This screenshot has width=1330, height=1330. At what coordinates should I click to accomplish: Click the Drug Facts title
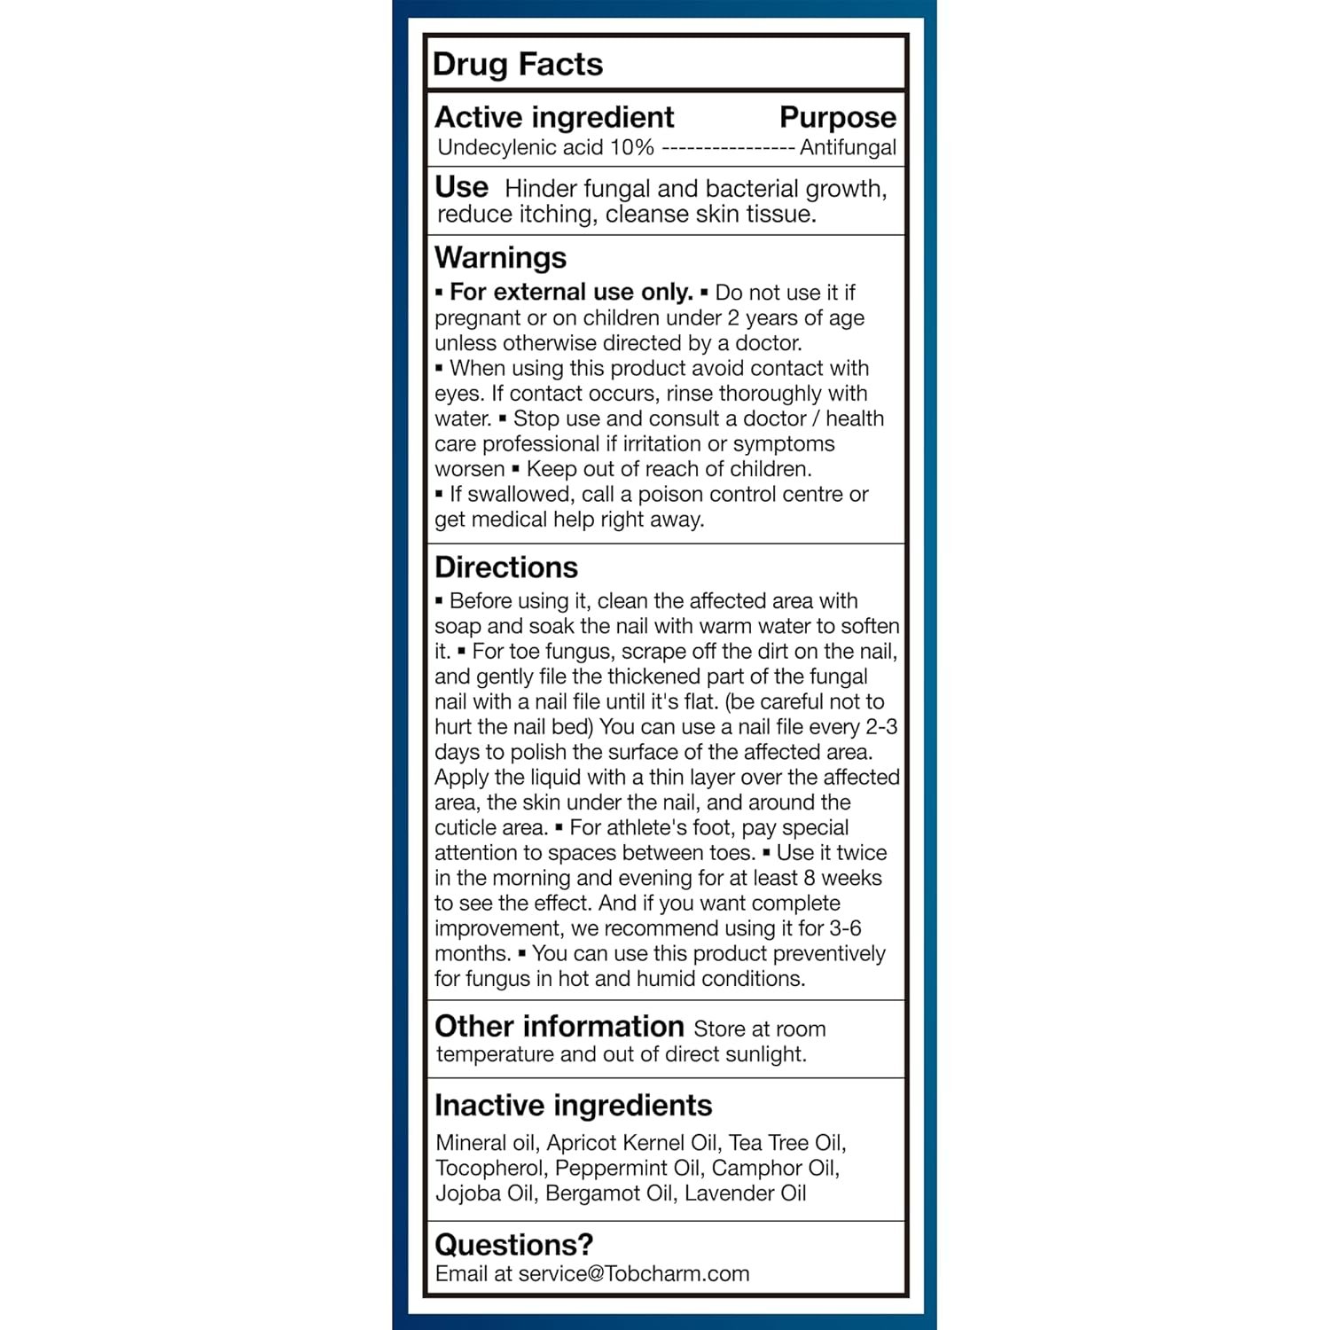[x=518, y=65]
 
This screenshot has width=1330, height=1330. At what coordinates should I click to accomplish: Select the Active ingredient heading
[x=554, y=117]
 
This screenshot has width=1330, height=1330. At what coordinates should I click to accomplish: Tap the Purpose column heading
[x=837, y=117]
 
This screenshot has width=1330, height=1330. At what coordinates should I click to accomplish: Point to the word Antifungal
[x=848, y=148]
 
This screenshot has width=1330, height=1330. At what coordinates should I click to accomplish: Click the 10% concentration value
[x=632, y=148]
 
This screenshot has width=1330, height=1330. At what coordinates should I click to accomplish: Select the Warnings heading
[x=500, y=257]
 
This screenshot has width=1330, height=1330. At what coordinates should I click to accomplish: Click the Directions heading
[x=505, y=567]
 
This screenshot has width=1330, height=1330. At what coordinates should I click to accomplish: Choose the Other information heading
[x=559, y=1027]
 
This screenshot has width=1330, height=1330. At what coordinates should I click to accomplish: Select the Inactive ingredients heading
[x=573, y=1106]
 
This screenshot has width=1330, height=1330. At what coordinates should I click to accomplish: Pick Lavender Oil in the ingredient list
[x=745, y=1193]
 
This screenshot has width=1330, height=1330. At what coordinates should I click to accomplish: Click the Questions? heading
[x=513, y=1245]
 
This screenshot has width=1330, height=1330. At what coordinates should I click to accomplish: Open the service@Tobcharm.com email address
[x=633, y=1274]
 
